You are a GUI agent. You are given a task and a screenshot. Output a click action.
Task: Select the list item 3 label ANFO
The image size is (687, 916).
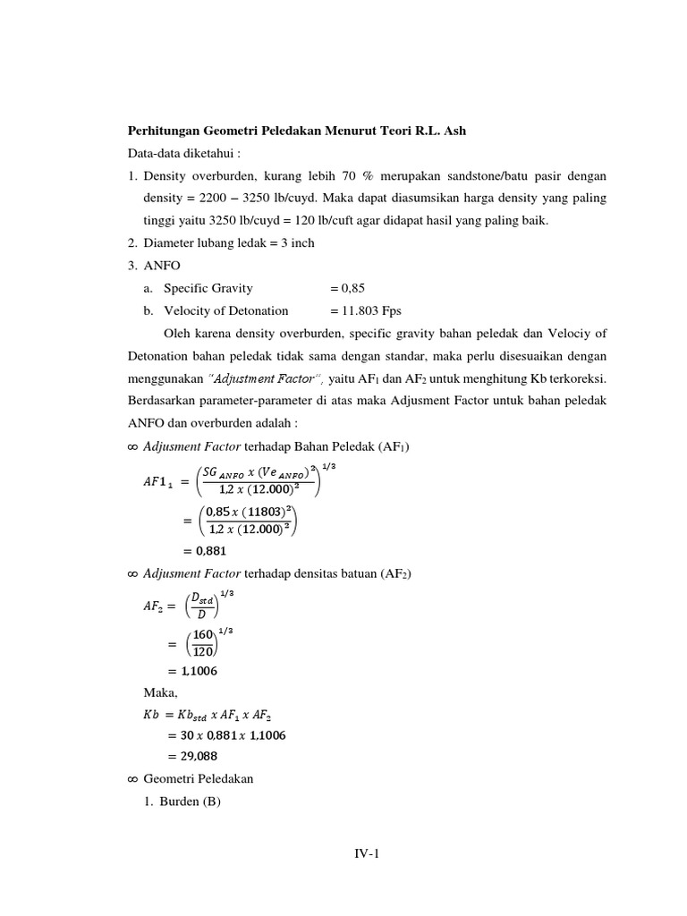[160, 266]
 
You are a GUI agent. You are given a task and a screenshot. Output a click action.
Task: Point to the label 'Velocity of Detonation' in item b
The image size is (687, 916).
[225, 310]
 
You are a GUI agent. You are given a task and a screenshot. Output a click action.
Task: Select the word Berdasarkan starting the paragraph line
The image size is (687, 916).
[165, 401]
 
